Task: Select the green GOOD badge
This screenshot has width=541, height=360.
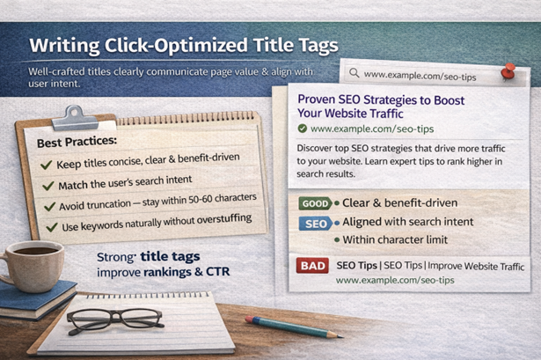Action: pos(314,202)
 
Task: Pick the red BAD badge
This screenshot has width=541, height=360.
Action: pos(312,265)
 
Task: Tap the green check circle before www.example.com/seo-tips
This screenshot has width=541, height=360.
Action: pos(303,129)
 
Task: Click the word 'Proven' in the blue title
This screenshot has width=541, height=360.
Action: pos(320,99)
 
